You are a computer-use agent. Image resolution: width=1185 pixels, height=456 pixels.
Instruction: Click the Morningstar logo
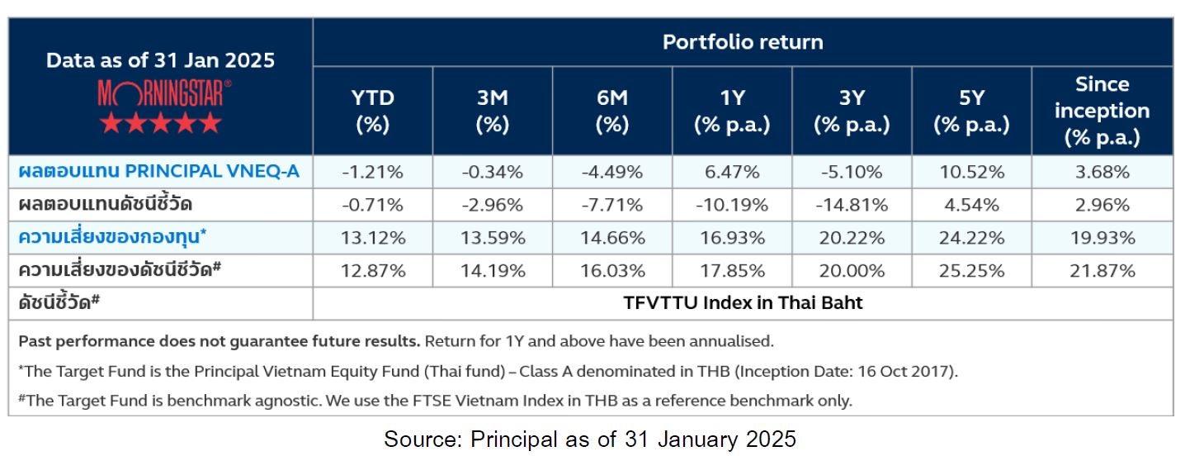click(160, 93)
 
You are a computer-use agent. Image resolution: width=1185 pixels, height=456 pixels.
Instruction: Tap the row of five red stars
click(160, 124)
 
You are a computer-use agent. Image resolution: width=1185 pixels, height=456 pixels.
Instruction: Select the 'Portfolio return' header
click(743, 42)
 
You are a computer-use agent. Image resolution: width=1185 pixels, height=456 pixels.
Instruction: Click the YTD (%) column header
click(373, 111)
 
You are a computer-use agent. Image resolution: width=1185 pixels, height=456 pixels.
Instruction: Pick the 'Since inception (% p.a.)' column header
click(1102, 111)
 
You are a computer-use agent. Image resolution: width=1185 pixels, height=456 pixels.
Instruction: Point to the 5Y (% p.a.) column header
click(971, 111)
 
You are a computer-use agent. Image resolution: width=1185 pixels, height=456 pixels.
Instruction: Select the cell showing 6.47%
click(732, 172)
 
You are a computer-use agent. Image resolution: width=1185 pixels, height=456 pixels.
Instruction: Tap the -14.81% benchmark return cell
click(852, 205)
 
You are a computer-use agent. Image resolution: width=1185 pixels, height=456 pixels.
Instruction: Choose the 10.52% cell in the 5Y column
click(971, 172)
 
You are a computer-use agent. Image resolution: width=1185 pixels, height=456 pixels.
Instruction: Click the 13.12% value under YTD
click(373, 238)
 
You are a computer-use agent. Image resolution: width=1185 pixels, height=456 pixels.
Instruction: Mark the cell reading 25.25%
click(971, 270)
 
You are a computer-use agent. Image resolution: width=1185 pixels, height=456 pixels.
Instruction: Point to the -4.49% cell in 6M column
click(612, 172)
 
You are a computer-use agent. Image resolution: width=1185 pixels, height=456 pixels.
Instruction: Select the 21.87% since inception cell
click(1102, 270)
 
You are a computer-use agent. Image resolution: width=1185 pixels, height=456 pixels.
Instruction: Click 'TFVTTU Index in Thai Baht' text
click(743, 303)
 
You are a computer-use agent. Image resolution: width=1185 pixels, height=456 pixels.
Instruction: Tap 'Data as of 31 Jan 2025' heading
click(160, 60)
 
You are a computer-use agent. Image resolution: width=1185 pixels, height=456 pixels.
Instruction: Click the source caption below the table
click(590, 439)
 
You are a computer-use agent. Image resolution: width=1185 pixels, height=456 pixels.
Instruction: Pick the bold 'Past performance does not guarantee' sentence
click(220, 340)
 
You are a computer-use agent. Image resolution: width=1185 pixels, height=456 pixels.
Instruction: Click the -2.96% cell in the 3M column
click(493, 205)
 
